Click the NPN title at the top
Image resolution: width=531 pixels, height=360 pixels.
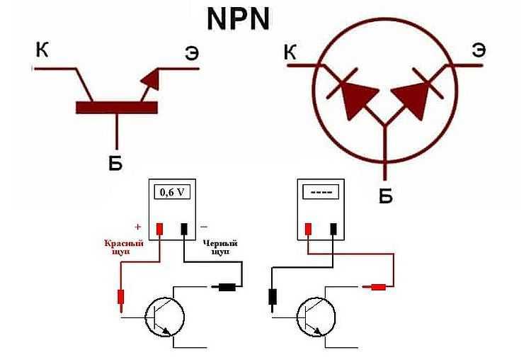pyautogui.click(x=239, y=19)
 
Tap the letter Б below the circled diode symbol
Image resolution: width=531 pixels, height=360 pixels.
pyautogui.click(x=385, y=195)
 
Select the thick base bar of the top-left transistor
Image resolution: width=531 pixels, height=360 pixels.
pyautogui.click(x=116, y=107)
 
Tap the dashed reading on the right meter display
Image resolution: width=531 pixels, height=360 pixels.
pyautogui.click(x=321, y=192)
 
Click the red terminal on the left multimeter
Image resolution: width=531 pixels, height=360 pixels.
pyautogui.click(x=160, y=228)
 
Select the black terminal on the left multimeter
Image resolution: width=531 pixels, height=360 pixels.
pyautogui.click(x=185, y=228)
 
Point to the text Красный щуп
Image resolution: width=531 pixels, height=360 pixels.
pyautogui.click(x=124, y=247)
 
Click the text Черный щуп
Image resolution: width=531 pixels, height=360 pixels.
pyautogui.click(x=219, y=247)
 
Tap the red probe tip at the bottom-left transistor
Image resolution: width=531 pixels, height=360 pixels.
pyautogui.click(x=120, y=298)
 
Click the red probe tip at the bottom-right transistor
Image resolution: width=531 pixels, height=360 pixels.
pyautogui.click(x=375, y=287)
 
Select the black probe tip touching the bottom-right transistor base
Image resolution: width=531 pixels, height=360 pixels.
pyautogui.click(x=273, y=298)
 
